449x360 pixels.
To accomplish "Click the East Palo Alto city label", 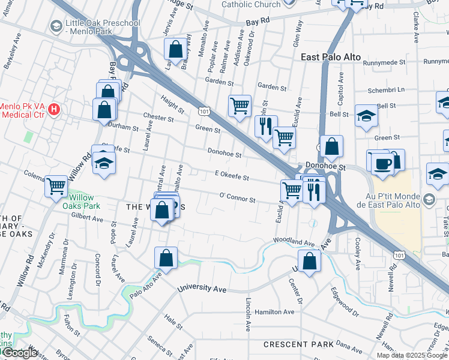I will point(330,57).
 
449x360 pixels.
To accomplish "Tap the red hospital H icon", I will point(55,109).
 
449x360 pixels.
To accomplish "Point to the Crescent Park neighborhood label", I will point(298,345).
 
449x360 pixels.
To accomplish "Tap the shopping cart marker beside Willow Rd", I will point(56,186).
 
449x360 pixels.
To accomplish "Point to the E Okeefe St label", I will point(231,175).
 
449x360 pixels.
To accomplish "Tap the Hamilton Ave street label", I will point(274,312).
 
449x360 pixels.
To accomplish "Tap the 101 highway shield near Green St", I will point(204,112).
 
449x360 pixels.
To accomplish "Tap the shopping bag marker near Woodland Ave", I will point(309,262).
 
